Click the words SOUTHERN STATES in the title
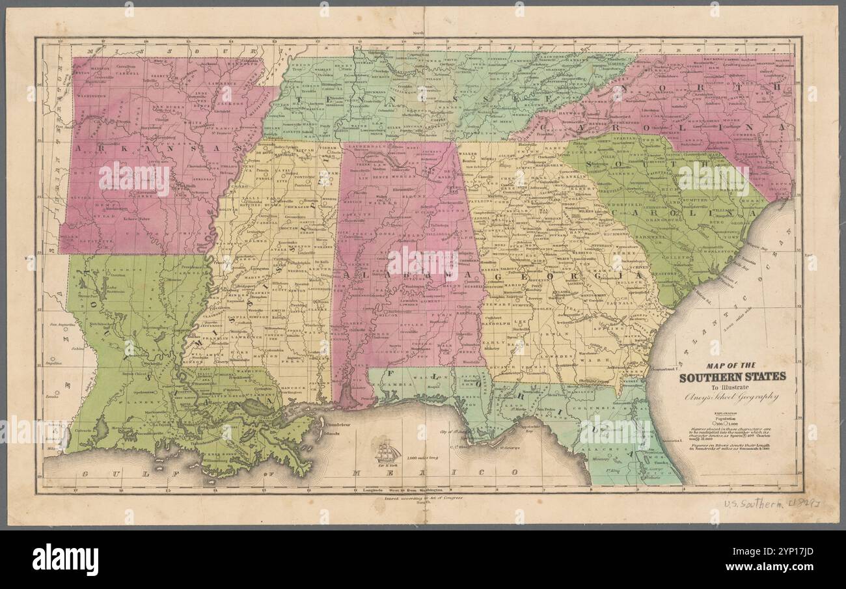pos(732,377)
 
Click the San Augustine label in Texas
pos(60,323)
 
